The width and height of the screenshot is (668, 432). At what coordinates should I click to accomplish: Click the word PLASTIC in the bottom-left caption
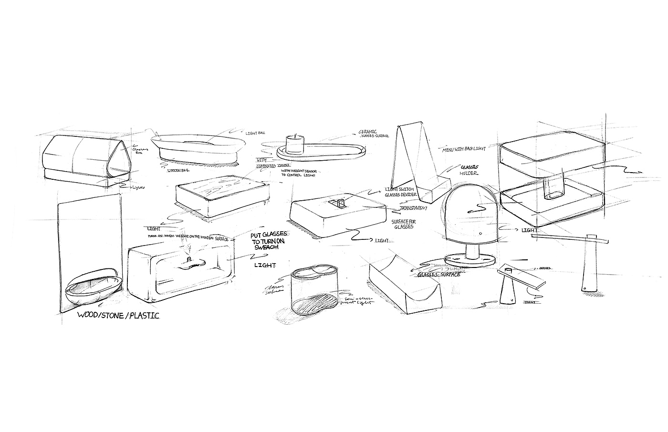point(142,316)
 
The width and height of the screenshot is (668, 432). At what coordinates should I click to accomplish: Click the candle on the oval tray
point(295,144)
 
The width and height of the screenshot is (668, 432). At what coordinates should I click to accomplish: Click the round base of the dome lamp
point(468,261)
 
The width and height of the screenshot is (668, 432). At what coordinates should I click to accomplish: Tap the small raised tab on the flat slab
point(341,204)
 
